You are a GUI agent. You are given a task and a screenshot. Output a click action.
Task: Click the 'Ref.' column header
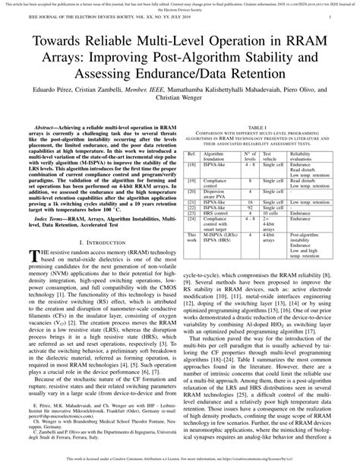point(193,154)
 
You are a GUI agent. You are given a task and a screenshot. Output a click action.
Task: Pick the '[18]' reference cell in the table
point(193,163)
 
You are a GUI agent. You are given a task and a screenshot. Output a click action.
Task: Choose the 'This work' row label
point(193,238)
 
